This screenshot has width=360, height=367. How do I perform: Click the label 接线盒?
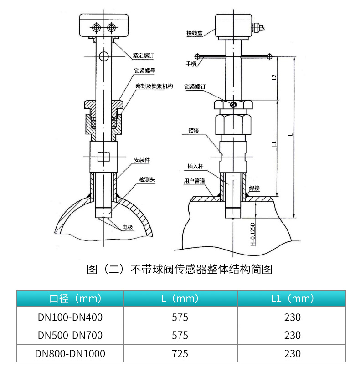click(x=195, y=33)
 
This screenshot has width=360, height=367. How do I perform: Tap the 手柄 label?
click(x=191, y=64)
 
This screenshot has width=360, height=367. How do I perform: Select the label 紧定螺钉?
click(x=144, y=56)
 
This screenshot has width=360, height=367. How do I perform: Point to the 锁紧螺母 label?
click(x=145, y=71)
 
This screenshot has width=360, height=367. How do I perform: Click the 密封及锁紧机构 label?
click(x=154, y=86)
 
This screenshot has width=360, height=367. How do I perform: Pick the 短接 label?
click(x=194, y=131)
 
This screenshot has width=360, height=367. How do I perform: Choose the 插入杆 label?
click(x=195, y=166)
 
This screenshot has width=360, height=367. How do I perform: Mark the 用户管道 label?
click(x=195, y=181)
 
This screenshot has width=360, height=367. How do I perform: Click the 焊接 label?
click(x=254, y=188)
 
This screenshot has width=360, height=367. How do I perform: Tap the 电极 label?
click(x=128, y=227)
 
